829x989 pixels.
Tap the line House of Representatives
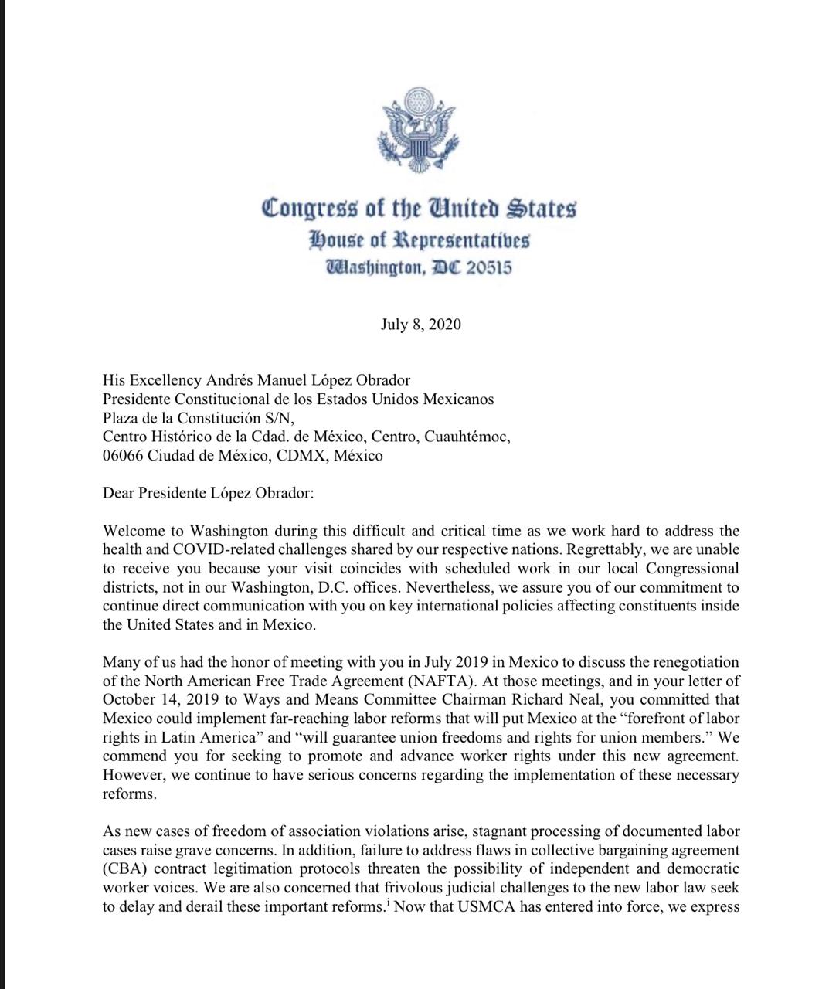419,240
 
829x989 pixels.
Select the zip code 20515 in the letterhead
488,268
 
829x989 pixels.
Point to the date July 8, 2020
420,325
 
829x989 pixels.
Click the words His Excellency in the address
152,380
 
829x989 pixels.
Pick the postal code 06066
123,455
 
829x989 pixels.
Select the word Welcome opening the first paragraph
131,532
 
